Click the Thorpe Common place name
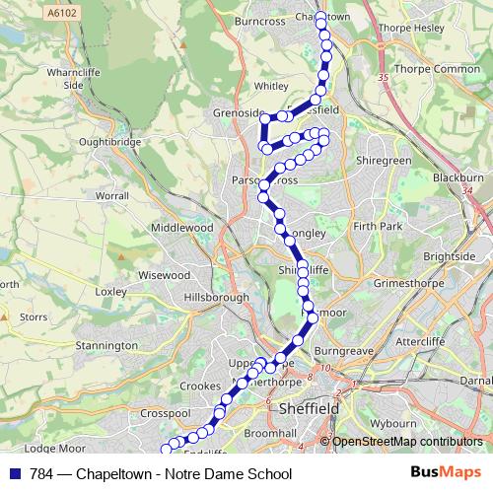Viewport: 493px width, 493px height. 436,69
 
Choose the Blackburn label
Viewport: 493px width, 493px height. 458,176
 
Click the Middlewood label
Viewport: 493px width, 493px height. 181,227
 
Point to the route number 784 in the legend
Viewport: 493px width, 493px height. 37,474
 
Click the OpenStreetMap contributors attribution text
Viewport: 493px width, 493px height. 406,442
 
